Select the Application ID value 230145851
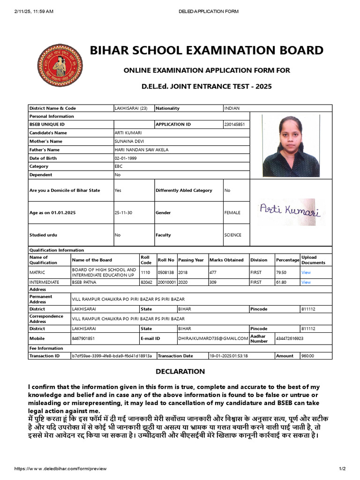click(x=234, y=124)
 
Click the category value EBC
click(x=119, y=166)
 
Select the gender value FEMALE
click(x=232, y=213)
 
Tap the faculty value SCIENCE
click(x=232, y=235)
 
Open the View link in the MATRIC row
click(x=306, y=272)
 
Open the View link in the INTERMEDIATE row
click(x=306, y=283)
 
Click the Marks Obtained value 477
click(x=213, y=272)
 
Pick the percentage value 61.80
click(x=282, y=283)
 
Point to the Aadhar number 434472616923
click(x=290, y=338)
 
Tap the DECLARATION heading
click(x=180, y=372)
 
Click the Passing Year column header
click(x=191, y=260)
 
